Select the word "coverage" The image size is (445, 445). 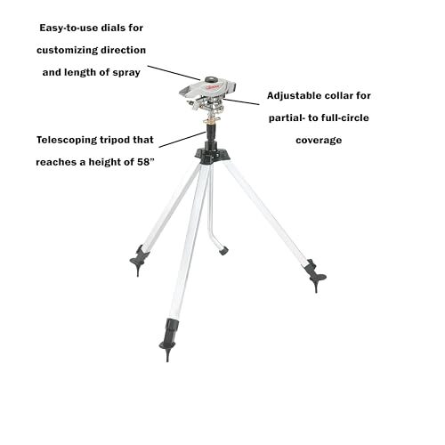point(319,141)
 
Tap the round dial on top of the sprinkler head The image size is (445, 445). point(211,79)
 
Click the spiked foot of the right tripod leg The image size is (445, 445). point(315,276)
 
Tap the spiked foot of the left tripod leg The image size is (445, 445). point(139,260)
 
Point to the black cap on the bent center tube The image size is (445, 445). point(223,251)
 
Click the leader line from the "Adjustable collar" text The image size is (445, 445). point(241,101)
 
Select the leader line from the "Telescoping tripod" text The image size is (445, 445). point(182,140)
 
